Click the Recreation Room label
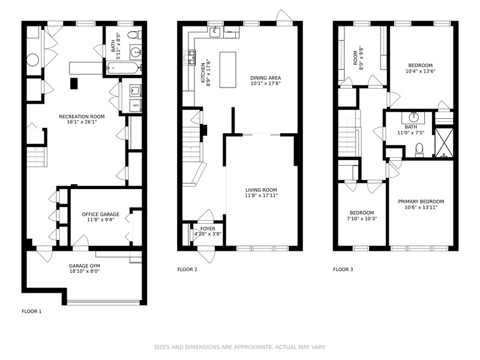[82, 116]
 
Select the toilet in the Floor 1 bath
[134, 35]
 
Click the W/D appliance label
[136, 106]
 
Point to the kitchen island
[228, 70]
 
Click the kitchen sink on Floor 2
[215, 31]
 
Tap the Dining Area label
[265, 78]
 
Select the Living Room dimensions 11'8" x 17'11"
[261, 196]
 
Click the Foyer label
[208, 229]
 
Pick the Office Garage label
[101, 214]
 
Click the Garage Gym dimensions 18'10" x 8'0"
[85, 271]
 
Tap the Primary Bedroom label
[421, 202]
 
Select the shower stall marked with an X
[444, 143]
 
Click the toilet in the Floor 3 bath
[419, 150]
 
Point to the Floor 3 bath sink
[413, 116]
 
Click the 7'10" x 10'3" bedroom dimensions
[362, 218]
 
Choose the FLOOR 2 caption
[187, 269]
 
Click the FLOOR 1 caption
[32, 311]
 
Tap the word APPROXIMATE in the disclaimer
[253, 347]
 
